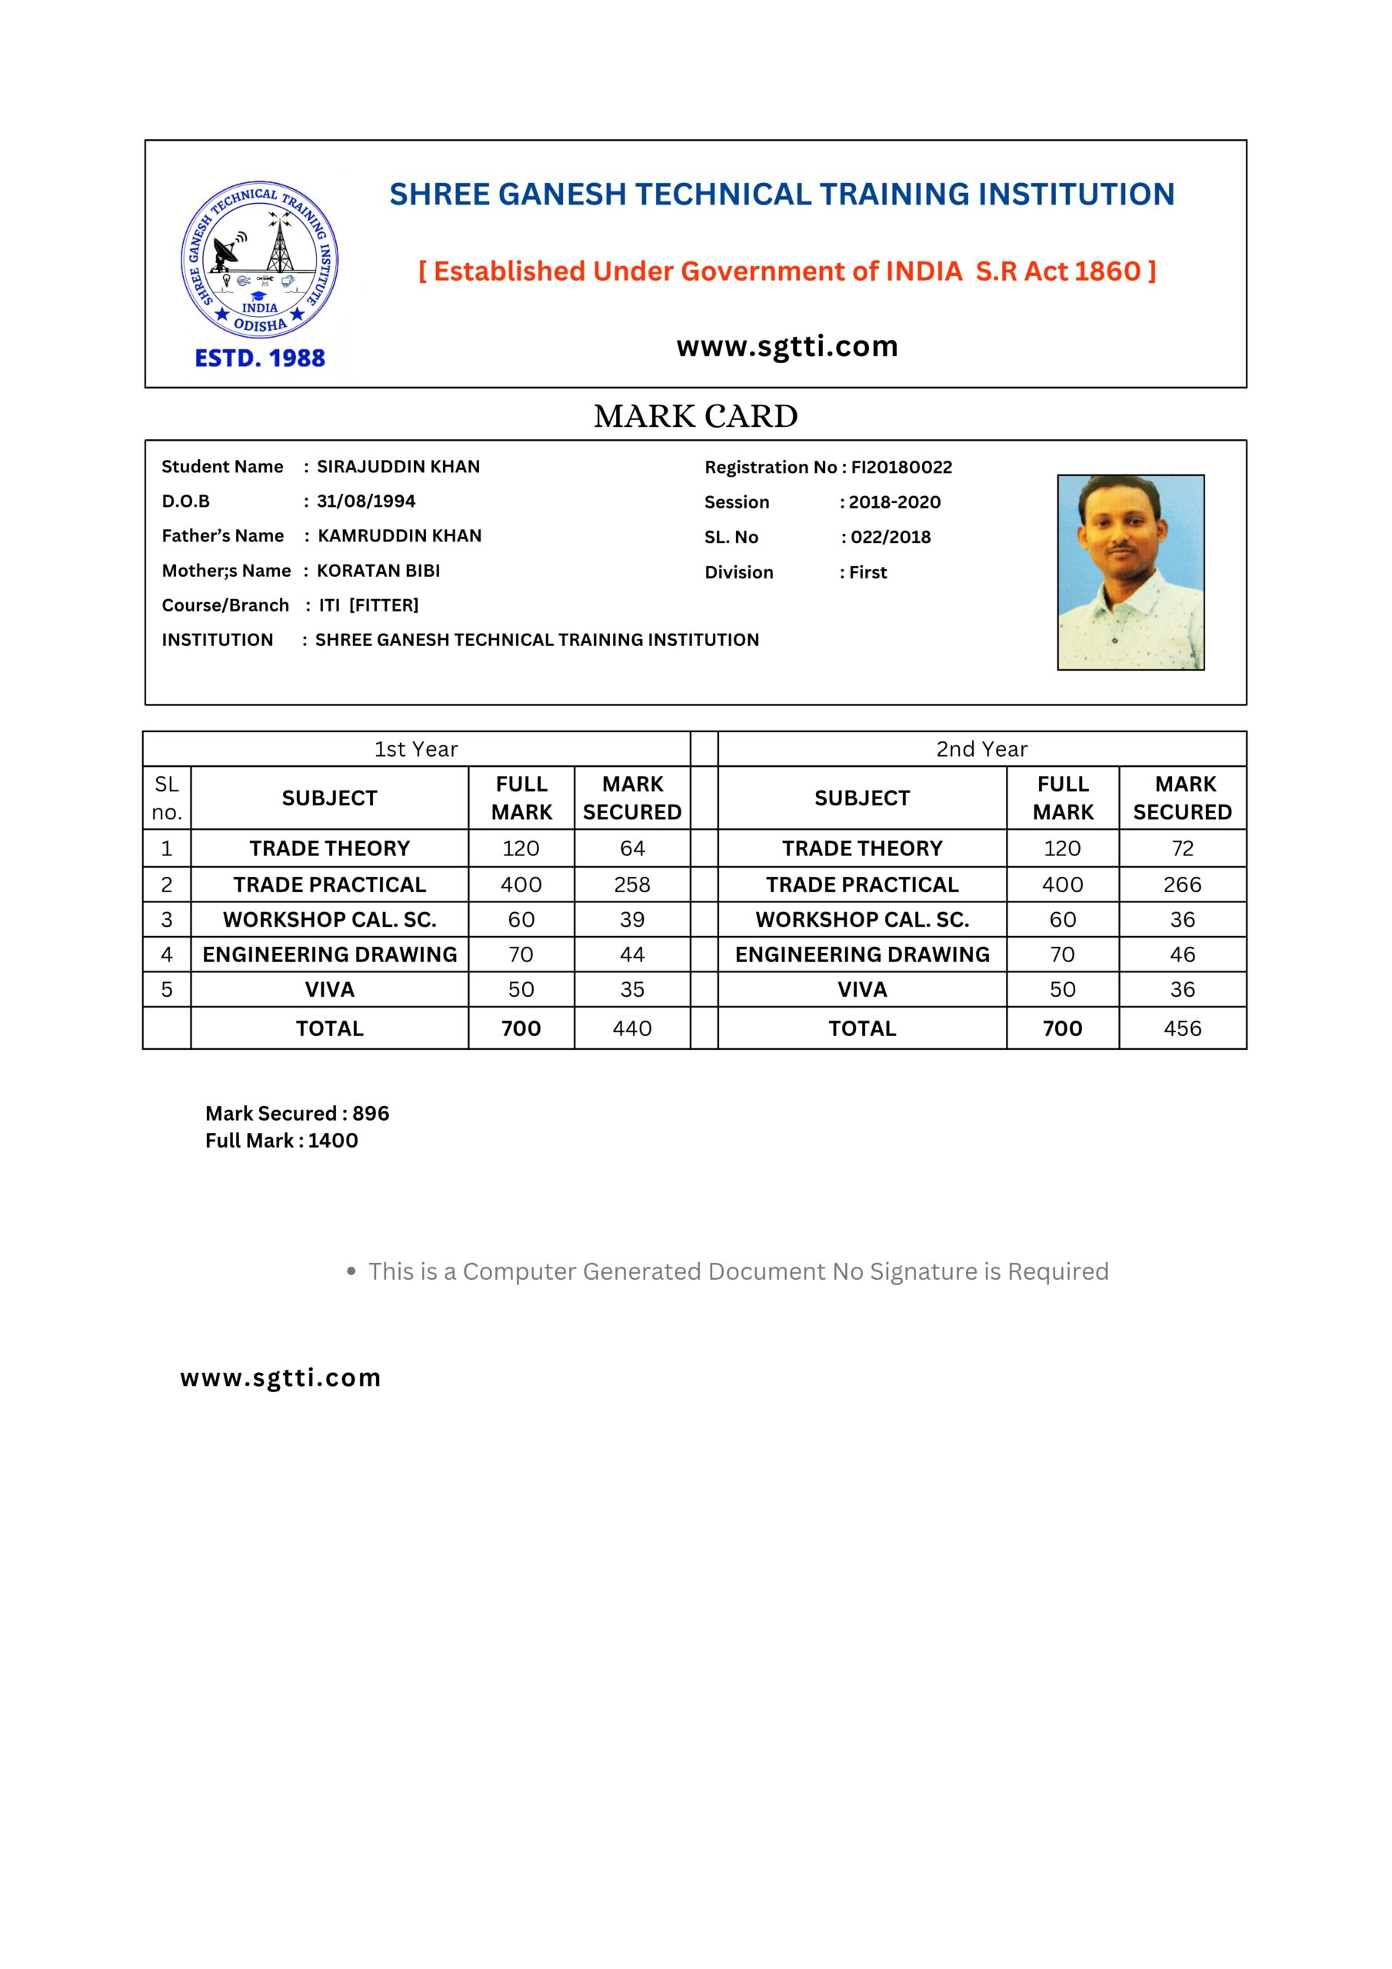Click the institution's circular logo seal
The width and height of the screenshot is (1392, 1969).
coord(260,260)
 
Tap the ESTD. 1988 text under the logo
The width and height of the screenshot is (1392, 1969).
coord(260,358)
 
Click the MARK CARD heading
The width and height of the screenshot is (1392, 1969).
coord(695,417)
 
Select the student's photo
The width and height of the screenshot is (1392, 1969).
coord(1131,572)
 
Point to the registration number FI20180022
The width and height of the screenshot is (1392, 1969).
coord(901,468)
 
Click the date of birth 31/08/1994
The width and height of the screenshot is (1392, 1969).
coord(366,501)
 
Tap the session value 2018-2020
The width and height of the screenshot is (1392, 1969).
coord(894,502)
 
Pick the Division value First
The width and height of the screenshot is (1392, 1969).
coord(868,573)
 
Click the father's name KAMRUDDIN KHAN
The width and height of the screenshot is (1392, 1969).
coord(400,536)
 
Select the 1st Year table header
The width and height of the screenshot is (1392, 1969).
coord(416,749)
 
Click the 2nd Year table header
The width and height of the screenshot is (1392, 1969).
coord(981,749)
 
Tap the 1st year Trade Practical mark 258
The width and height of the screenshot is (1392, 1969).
coord(632,885)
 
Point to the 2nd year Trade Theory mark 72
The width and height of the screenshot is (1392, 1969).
coord(1182,849)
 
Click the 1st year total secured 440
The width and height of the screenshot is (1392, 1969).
coord(632,1029)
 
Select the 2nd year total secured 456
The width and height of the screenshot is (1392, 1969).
coord(1182,1029)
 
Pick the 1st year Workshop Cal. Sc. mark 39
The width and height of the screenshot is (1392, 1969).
coord(632,920)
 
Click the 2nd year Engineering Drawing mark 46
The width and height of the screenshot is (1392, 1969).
coord(1182,955)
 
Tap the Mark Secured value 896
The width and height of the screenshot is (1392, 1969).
coord(371,1114)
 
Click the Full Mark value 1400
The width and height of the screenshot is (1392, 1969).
coord(333,1141)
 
